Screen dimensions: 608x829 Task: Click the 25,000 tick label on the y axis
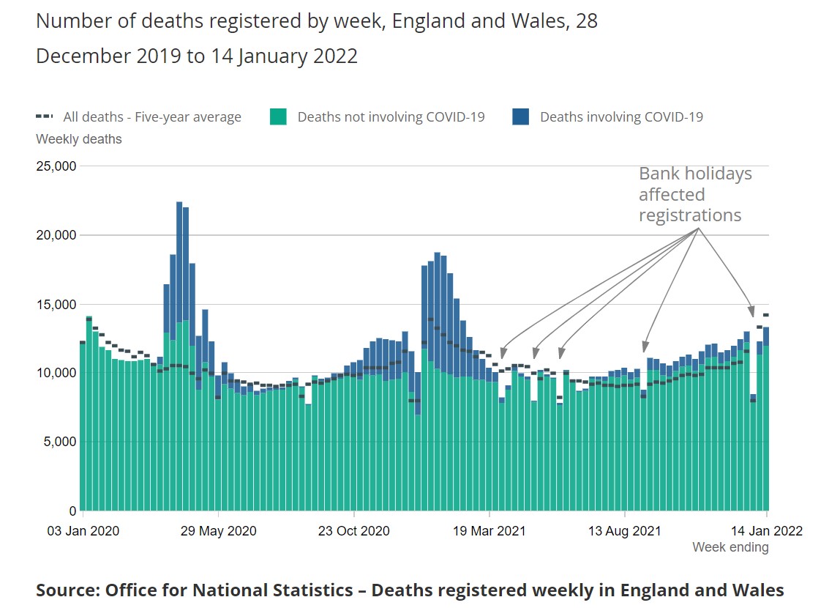coord(56,166)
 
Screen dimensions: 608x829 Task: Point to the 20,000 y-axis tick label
coord(56,235)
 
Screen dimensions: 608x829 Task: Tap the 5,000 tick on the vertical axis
coord(59,442)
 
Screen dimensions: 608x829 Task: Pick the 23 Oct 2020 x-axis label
coord(353,531)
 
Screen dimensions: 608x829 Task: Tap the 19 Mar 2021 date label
coord(489,531)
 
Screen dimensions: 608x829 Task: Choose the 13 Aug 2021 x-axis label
coord(626,531)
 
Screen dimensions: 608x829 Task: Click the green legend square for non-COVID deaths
coord(278,116)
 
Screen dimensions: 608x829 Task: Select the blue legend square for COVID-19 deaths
coord(521,116)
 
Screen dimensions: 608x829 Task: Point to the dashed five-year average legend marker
coord(45,116)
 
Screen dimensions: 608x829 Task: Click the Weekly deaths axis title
coord(79,139)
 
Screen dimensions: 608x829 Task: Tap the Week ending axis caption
coord(730,547)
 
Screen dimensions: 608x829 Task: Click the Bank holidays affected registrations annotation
coord(694,195)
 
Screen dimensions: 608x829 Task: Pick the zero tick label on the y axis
coord(72,511)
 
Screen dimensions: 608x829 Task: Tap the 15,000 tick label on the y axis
coord(56,304)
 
